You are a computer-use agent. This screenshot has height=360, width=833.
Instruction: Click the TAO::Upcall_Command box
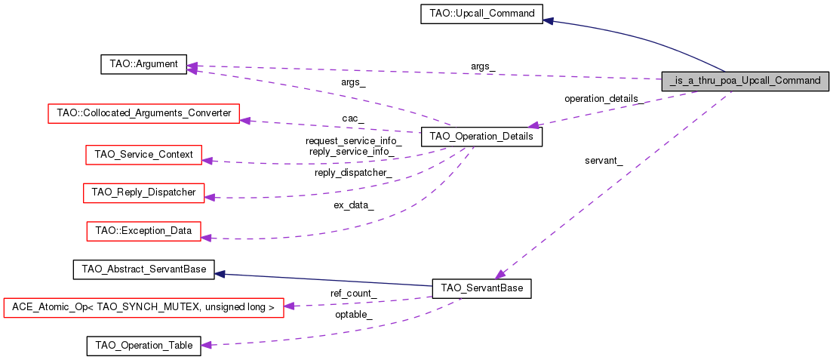pyautogui.click(x=481, y=14)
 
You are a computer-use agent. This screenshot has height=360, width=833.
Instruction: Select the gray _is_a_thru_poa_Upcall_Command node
pyautogui.click(x=745, y=80)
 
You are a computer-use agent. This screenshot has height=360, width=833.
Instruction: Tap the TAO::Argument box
pyautogui.click(x=143, y=64)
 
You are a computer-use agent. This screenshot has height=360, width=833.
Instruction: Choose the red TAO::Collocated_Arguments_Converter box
pyautogui.click(x=143, y=114)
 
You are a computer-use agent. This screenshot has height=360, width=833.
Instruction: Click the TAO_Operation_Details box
pyautogui.click(x=481, y=137)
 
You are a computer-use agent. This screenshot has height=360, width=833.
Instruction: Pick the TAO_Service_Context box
pyautogui.click(x=143, y=155)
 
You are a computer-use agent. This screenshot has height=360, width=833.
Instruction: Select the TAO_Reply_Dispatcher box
pyautogui.click(x=143, y=192)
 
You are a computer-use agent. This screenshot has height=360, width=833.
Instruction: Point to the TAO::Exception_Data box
pyautogui.click(x=143, y=230)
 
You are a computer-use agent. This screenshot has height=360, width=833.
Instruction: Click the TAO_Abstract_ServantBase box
pyautogui.click(x=143, y=269)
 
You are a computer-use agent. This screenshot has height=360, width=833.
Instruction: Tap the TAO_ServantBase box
pyautogui.click(x=481, y=288)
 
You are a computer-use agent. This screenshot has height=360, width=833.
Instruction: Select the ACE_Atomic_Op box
pyautogui.click(x=143, y=307)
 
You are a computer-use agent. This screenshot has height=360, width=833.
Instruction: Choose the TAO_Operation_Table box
pyautogui.click(x=143, y=346)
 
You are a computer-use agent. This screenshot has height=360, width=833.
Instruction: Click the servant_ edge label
pyautogui.click(x=604, y=161)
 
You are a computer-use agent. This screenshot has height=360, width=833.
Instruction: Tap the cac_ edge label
pyautogui.click(x=352, y=118)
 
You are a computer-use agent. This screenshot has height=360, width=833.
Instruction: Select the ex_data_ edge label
pyautogui.click(x=354, y=205)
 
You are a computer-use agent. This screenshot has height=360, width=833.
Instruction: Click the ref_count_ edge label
pyautogui.click(x=354, y=293)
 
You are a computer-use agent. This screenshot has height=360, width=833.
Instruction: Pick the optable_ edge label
pyautogui.click(x=354, y=314)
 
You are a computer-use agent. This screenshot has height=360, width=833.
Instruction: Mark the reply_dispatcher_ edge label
pyautogui.click(x=353, y=173)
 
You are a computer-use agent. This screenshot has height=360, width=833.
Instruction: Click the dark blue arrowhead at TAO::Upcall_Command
pyautogui.click(x=549, y=20)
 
